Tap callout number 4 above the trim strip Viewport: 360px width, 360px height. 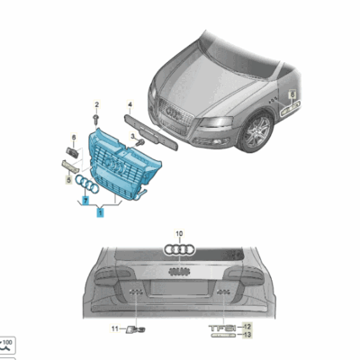(130, 104)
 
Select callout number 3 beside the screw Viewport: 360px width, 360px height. (131, 135)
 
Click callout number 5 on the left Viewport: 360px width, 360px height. (66, 180)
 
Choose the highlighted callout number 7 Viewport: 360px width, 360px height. (85, 202)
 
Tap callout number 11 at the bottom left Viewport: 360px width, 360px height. (114, 329)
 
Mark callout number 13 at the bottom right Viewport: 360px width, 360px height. (247, 334)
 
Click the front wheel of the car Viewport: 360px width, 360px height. (260, 131)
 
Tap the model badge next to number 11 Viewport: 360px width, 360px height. (134, 329)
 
